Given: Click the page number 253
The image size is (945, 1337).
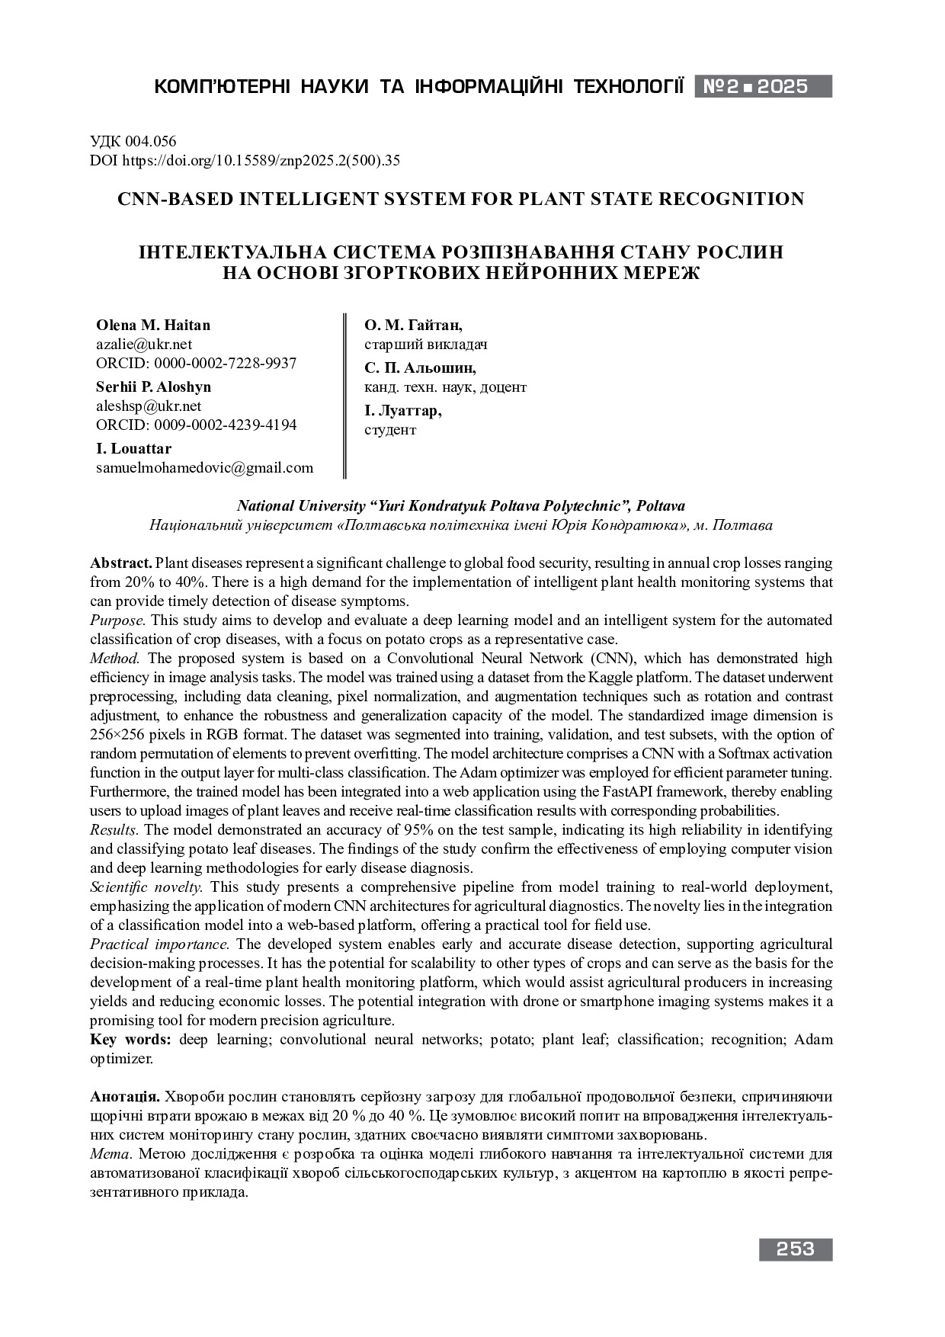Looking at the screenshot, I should click(x=796, y=1249).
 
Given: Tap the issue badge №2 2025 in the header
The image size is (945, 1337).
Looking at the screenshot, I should click(x=762, y=86).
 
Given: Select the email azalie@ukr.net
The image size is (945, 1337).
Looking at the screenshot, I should click(x=144, y=345).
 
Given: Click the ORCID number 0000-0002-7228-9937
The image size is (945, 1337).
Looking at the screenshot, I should click(x=225, y=364).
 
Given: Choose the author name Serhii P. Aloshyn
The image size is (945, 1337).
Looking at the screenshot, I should click(x=153, y=387).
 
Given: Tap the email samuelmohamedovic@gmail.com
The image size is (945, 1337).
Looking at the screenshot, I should click(x=204, y=468).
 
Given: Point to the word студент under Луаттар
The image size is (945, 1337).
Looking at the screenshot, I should click(x=390, y=430).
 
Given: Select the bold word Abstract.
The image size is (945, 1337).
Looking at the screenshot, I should click(x=121, y=563).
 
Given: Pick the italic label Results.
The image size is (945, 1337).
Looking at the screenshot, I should click(x=114, y=830).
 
